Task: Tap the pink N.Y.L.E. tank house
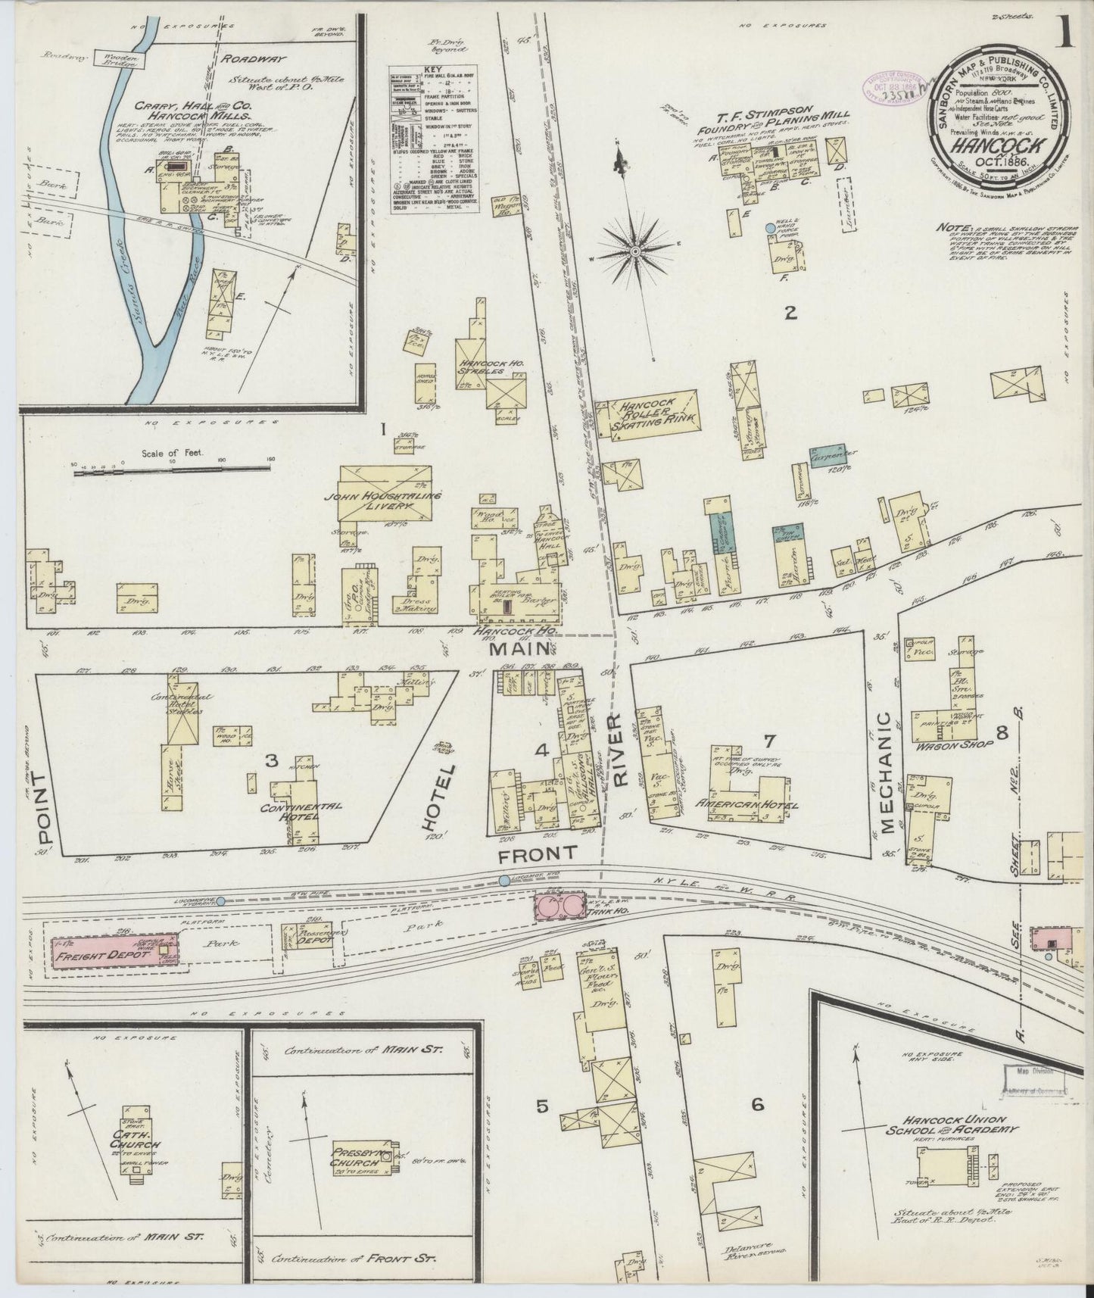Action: pos(561,906)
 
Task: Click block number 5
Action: pos(542,1106)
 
